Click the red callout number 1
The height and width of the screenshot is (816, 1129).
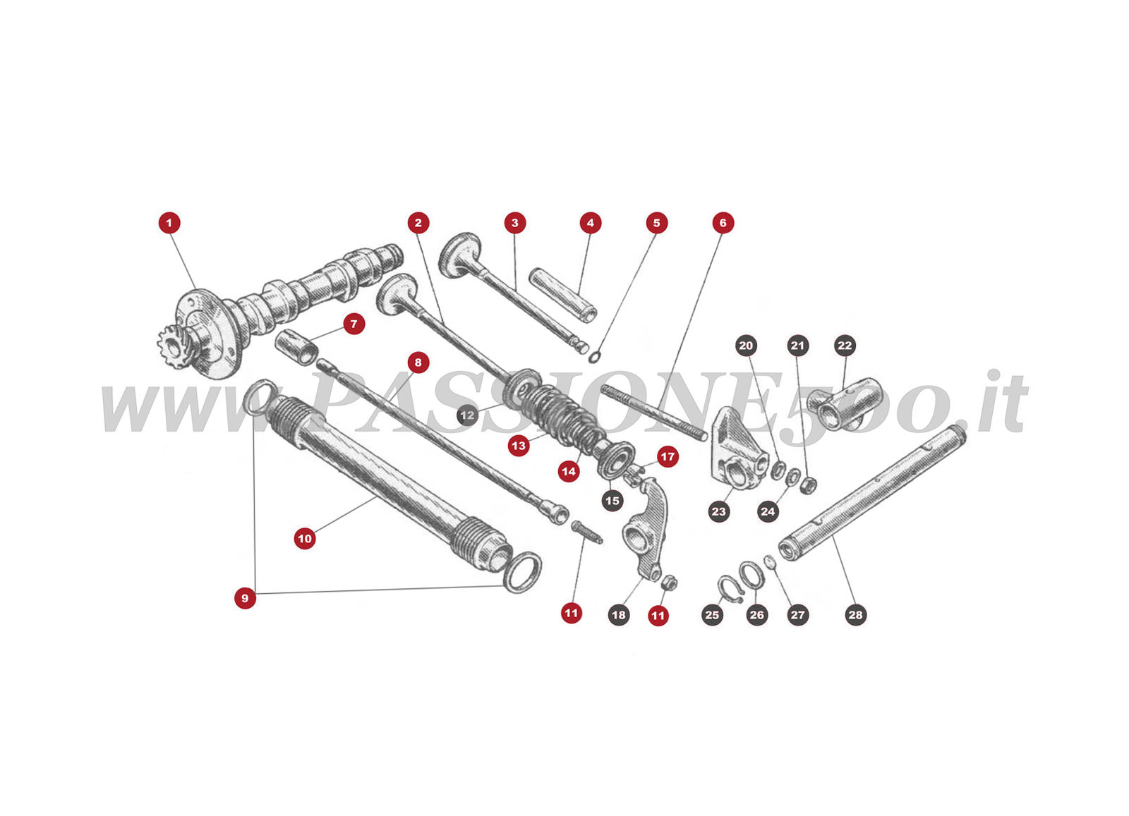point(169,223)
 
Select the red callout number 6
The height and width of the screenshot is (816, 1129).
point(723,223)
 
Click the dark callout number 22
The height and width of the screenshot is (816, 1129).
point(845,346)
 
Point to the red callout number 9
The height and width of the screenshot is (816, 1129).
point(245,598)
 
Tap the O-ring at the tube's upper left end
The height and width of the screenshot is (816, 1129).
point(260,396)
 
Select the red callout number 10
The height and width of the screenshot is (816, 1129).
point(305,539)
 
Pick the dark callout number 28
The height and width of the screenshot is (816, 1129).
point(855,615)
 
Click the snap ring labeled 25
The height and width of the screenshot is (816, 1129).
point(728,589)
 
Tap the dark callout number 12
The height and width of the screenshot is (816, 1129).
point(467,415)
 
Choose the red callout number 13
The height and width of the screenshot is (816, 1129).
point(519,446)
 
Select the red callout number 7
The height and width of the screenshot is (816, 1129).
point(354,324)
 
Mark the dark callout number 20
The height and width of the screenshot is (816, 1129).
point(746,346)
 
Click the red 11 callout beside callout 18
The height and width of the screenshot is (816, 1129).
point(658,616)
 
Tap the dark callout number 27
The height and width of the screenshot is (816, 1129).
point(797,615)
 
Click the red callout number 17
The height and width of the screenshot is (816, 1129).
point(668,457)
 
